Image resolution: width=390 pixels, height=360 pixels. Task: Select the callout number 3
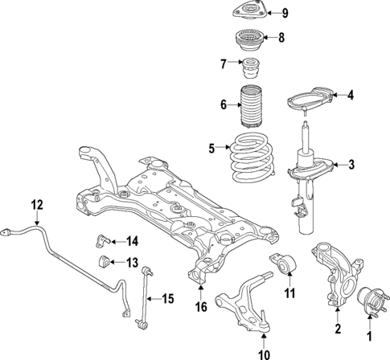[351, 166]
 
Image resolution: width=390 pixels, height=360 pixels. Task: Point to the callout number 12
[35, 204]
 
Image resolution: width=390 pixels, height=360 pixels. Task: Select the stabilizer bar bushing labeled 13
[104, 262]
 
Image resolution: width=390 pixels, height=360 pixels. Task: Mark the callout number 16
[199, 307]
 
